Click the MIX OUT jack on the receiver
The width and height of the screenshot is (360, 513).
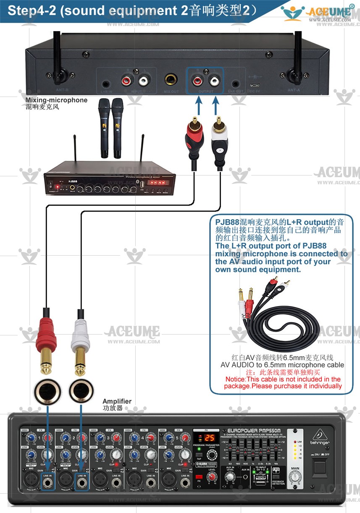171,79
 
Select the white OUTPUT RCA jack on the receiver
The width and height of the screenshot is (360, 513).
215,79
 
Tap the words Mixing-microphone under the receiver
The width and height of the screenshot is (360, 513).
56,100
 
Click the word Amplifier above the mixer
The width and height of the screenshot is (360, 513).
117,401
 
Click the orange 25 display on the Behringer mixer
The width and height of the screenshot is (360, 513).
209,437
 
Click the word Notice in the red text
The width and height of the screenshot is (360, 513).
235,379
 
